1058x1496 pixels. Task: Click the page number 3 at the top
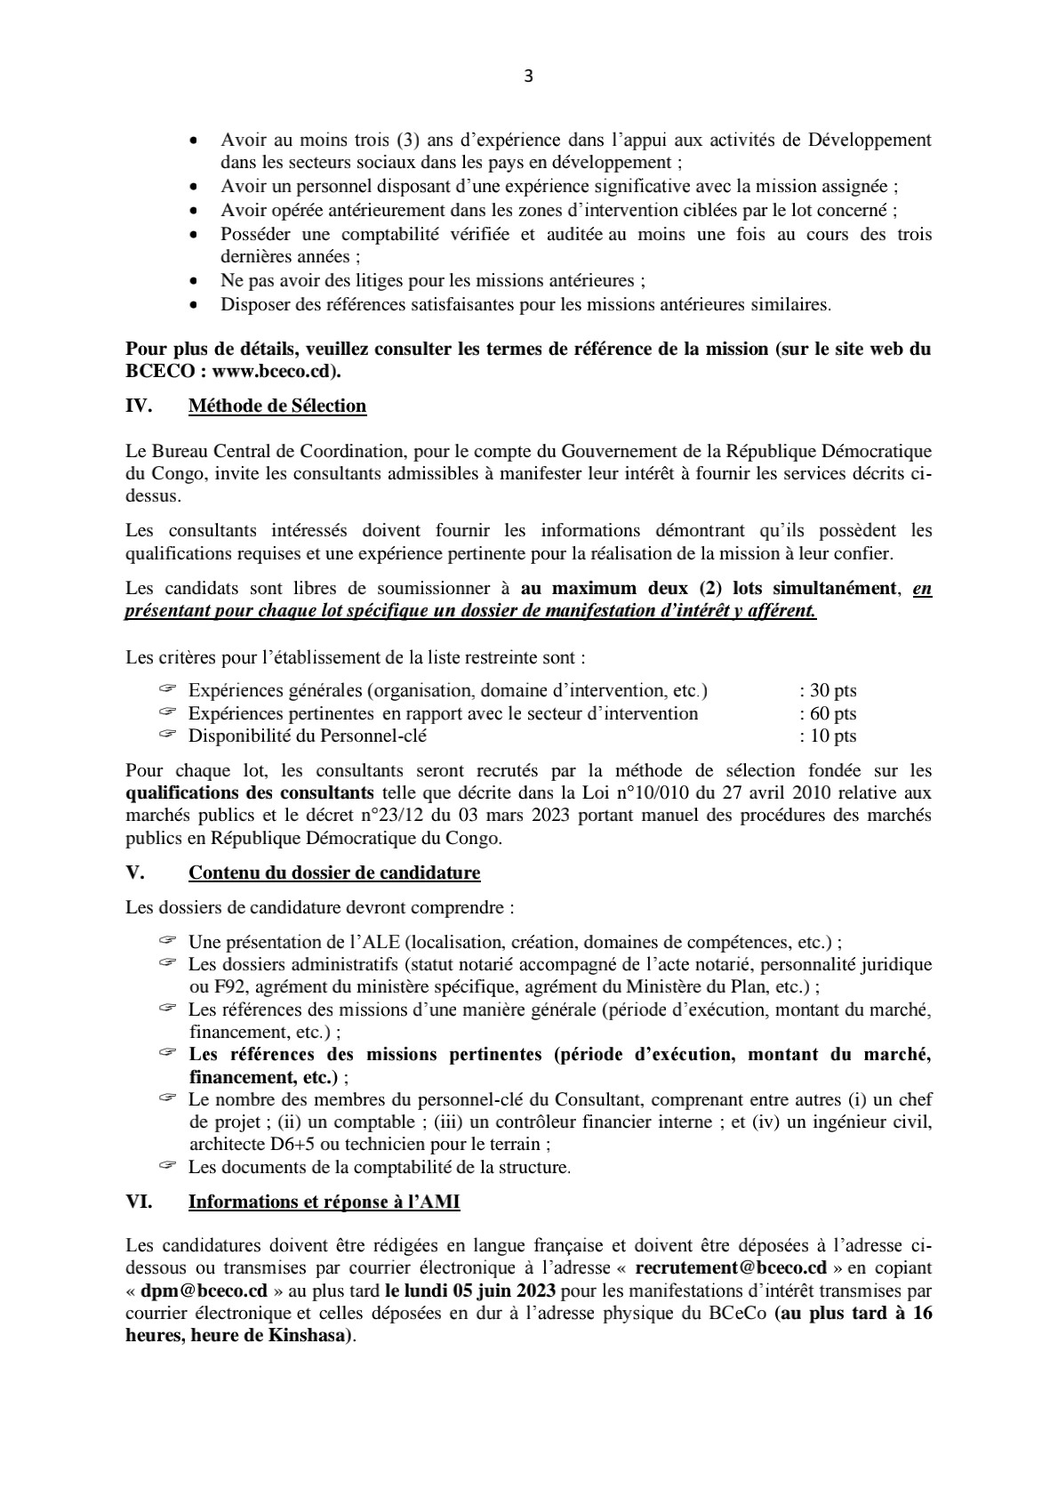(528, 76)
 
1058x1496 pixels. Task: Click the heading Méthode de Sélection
(277, 406)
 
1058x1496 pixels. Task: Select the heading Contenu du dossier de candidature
(334, 873)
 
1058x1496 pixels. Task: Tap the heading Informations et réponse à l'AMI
(324, 1202)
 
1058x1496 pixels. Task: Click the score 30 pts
(832, 691)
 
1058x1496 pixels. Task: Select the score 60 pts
(832, 714)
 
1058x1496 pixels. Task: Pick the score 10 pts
(832, 736)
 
